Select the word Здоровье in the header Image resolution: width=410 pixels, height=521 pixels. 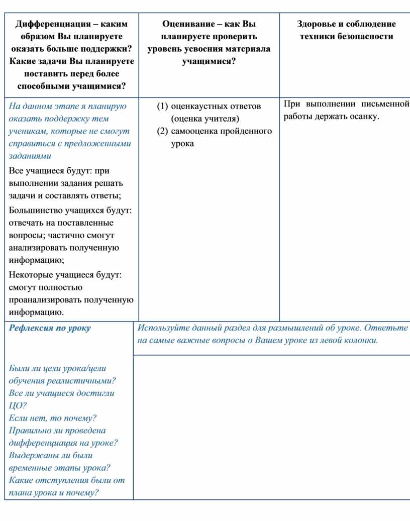[x=316, y=24]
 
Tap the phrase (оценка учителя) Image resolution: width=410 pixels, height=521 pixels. [x=205, y=119]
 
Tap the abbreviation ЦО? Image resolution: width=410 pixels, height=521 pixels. [x=18, y=405]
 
